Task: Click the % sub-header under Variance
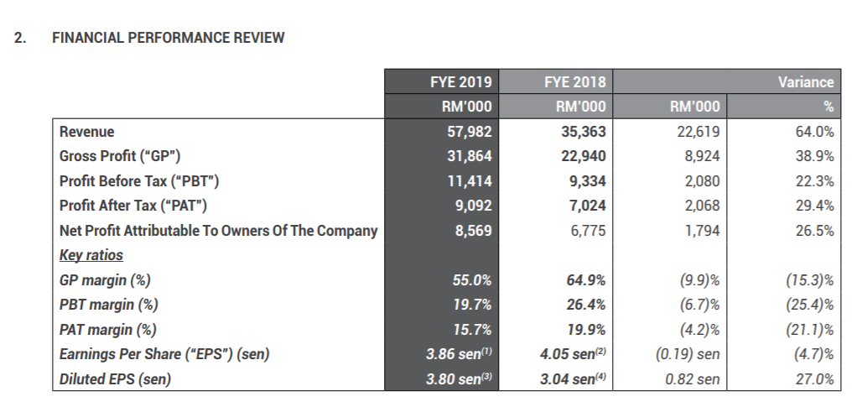[x=829, y=107]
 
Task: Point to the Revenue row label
[x=87, y=132]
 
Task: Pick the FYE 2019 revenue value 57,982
[x=470, y=132]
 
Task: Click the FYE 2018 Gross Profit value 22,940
[x=584, y=156]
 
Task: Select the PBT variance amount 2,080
[x=702, y=181]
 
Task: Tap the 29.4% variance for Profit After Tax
[x=815, y=206]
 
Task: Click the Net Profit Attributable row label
[x=218, y=231]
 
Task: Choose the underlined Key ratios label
[x=91, y=255]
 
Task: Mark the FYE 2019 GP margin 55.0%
[x=472, y=279]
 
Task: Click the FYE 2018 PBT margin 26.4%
[x=586, y=305]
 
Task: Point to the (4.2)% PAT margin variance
[x=699, y=329]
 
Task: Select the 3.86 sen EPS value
[x=454, y=354]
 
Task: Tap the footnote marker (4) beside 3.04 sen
[x=600, y=352]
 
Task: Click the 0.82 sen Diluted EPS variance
[x=693, y=379]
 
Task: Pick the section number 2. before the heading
[x=20, y=38]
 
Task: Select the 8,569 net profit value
[x=473, y=231]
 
